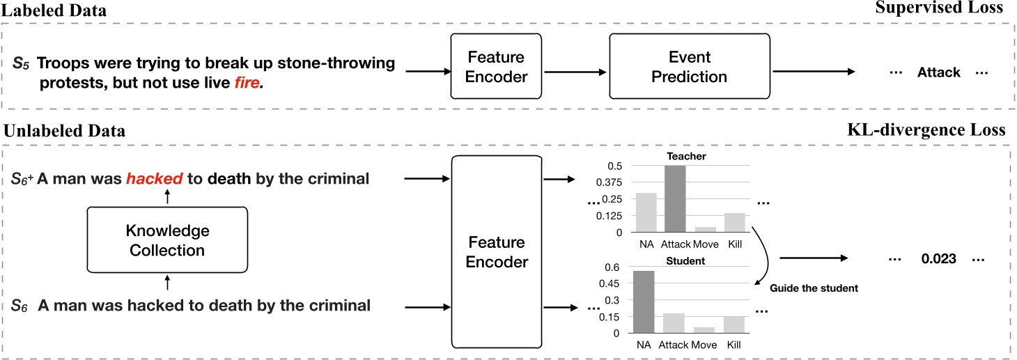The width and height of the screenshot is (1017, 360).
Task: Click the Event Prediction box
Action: pos(679,68)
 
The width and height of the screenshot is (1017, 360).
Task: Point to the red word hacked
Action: pos(155,178)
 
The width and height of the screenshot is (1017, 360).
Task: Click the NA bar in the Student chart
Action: pos(644,302)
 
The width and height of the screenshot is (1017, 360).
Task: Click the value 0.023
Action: pos(938,258)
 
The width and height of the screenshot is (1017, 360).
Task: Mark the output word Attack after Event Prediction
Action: pos(938,72)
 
